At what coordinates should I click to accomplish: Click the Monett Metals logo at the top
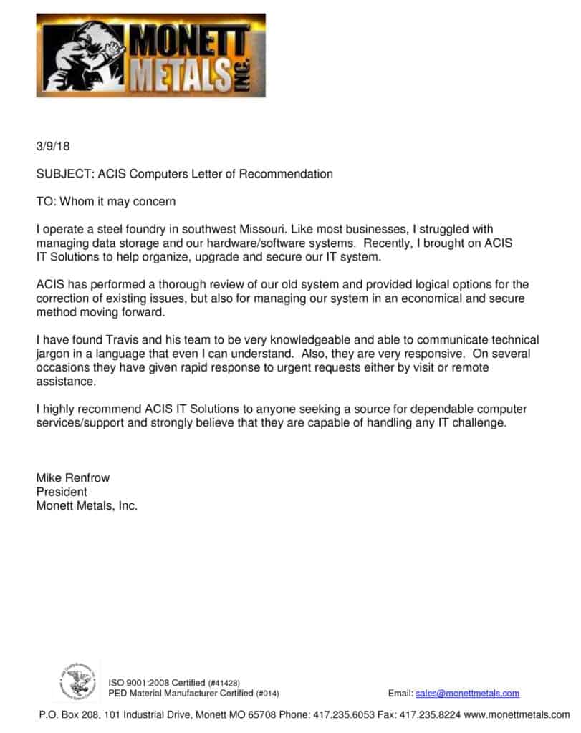(x=150, y=55)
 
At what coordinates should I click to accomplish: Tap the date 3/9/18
(x=53, y=146)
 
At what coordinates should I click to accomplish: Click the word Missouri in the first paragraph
(x=266, y=230)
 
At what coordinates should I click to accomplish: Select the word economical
(x=410, y=298)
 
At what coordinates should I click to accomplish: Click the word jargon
(x=53, y=354)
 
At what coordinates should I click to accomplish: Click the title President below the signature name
(x=62, y=492)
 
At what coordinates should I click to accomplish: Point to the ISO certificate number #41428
(x=224, y=684)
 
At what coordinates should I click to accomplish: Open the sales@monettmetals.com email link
(x=467, y=693)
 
